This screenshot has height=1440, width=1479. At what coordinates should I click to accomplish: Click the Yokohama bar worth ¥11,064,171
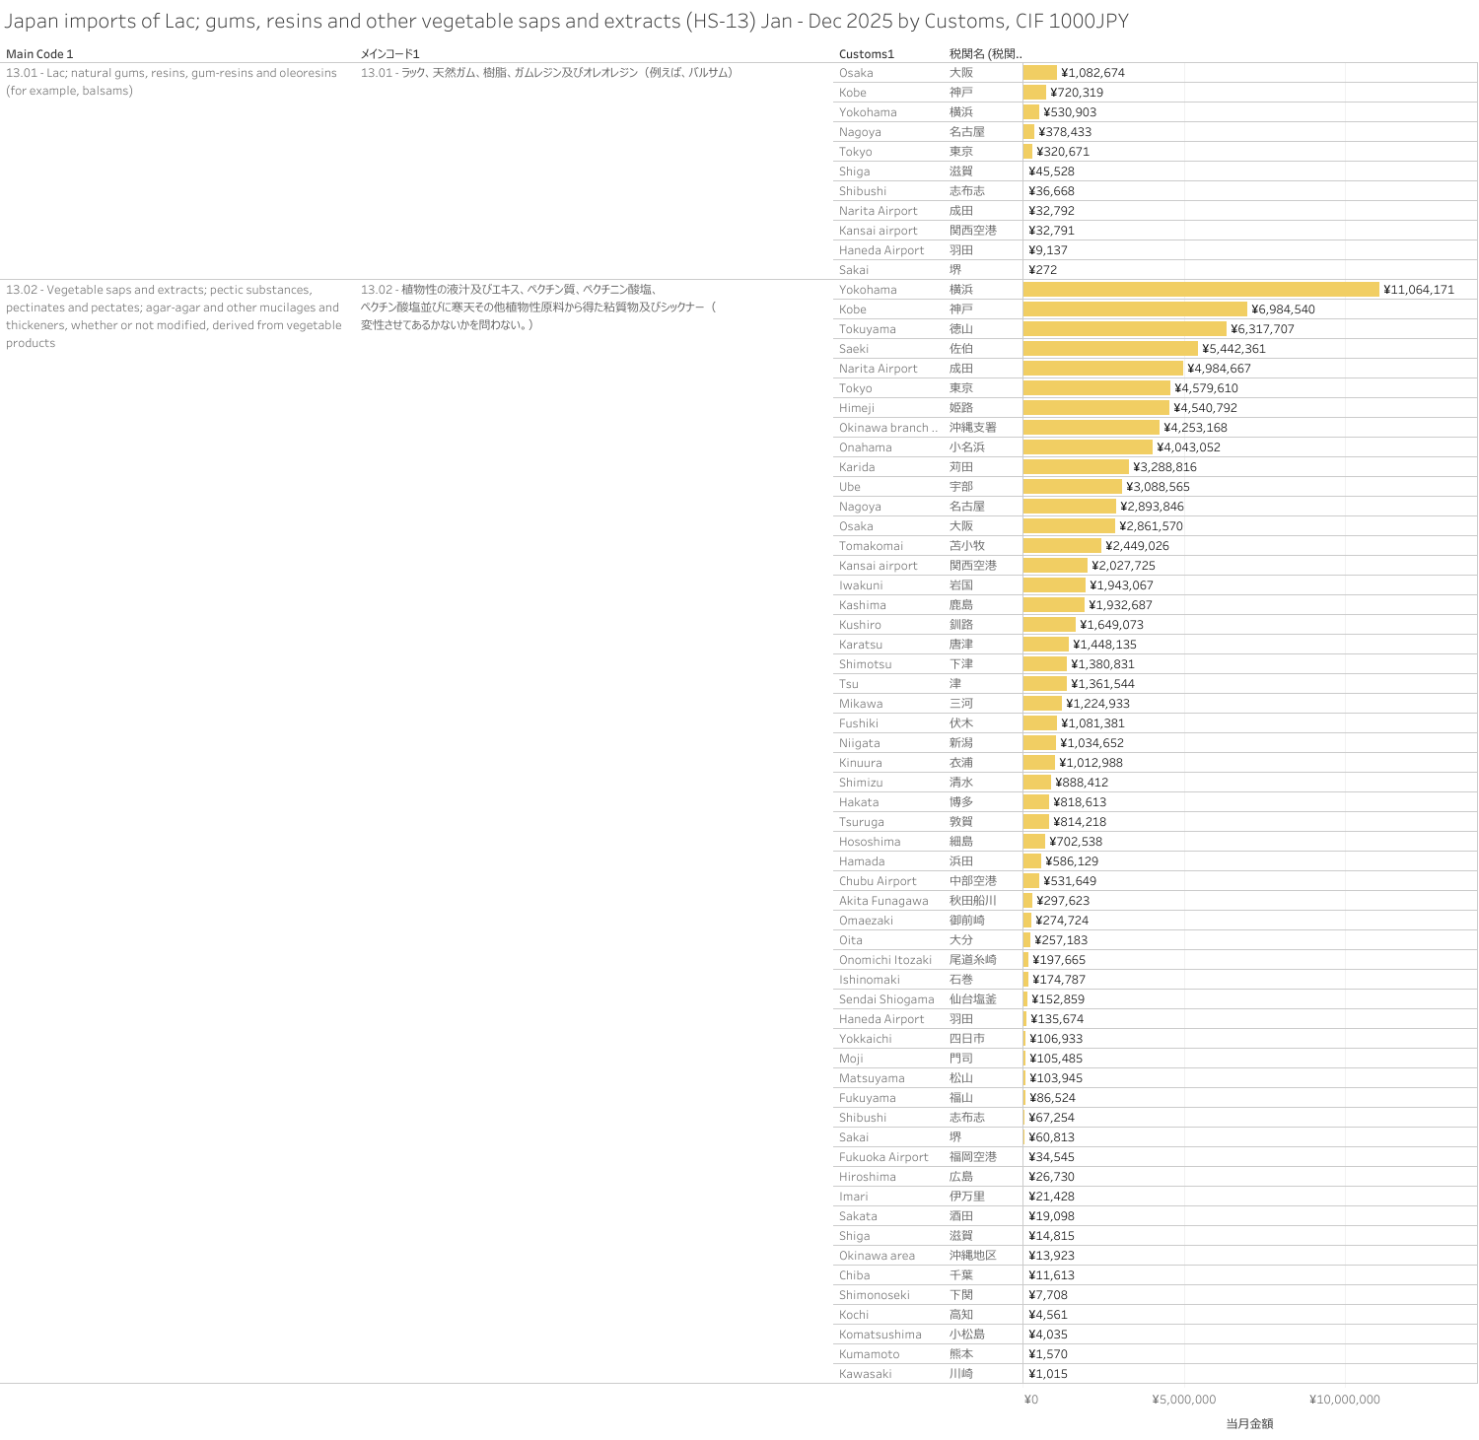click(x=1201, y=290)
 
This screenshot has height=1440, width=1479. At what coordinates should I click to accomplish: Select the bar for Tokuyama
click(x=1124, y=329)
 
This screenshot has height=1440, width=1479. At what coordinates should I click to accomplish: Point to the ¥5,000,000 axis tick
click(x=1183, y=1400)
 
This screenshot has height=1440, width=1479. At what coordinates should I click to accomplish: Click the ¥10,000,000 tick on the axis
click(x=1344, y=1400)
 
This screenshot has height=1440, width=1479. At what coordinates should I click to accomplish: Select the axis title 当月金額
click(x=1249, y=1423)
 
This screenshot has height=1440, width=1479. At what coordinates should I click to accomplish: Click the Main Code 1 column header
click(x=39, y=54)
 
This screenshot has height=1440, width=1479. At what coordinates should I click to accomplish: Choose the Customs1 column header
click(x=866, y=54)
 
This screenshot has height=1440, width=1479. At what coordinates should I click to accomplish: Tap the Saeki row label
click(x=854, y=349)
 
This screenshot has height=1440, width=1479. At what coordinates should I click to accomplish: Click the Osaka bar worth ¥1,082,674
click(x=1040, y=73)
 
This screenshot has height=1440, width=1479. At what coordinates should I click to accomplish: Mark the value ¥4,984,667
click(x=1219, y=369)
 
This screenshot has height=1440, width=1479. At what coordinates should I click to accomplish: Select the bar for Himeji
click(x=1096, y=408)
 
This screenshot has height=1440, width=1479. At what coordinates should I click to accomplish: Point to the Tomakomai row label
click(x=871, y=546)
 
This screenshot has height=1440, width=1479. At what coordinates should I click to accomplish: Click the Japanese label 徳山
click(x=961, y=329)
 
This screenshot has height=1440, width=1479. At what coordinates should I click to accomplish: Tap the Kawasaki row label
click(x=865, y=1374)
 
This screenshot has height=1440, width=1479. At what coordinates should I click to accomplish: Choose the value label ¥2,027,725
click(x=1123, y=566)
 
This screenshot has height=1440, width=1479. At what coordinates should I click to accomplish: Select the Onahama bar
click(x=1088, y=447)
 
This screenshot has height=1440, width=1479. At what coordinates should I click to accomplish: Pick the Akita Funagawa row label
click(x=883, y=901)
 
